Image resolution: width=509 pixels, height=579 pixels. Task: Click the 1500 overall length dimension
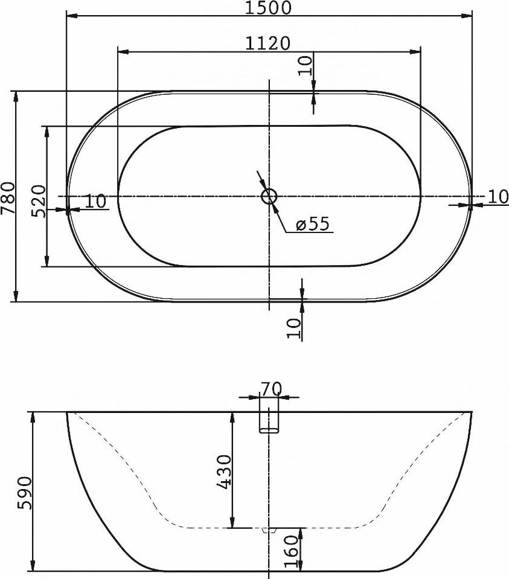pyautogui.click(x=269, y=8)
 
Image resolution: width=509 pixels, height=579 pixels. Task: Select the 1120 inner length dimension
pyautogui.click(x=269, y=43)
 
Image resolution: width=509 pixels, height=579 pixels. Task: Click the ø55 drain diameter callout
pyautogui.click(x=312, y=225)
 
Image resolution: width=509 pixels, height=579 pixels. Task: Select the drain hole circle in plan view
pyautogui.click(x=269, y=196)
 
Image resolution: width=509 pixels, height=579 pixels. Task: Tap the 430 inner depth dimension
pyautogui.click(x=223, y=472)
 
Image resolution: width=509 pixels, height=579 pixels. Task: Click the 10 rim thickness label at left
pyautogui.click(x=95, y=201)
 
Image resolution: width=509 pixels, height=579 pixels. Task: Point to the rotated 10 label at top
pyautogui.click(x=306, y=64)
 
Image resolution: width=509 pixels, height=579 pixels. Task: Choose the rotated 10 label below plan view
pyautogui.click(x=294, y=328)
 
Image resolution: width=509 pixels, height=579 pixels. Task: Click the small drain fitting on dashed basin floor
pyautogui.click(x=269, y=530)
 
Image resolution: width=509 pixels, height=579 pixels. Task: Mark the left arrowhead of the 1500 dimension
pyautogui.click(x=70, y=17)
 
